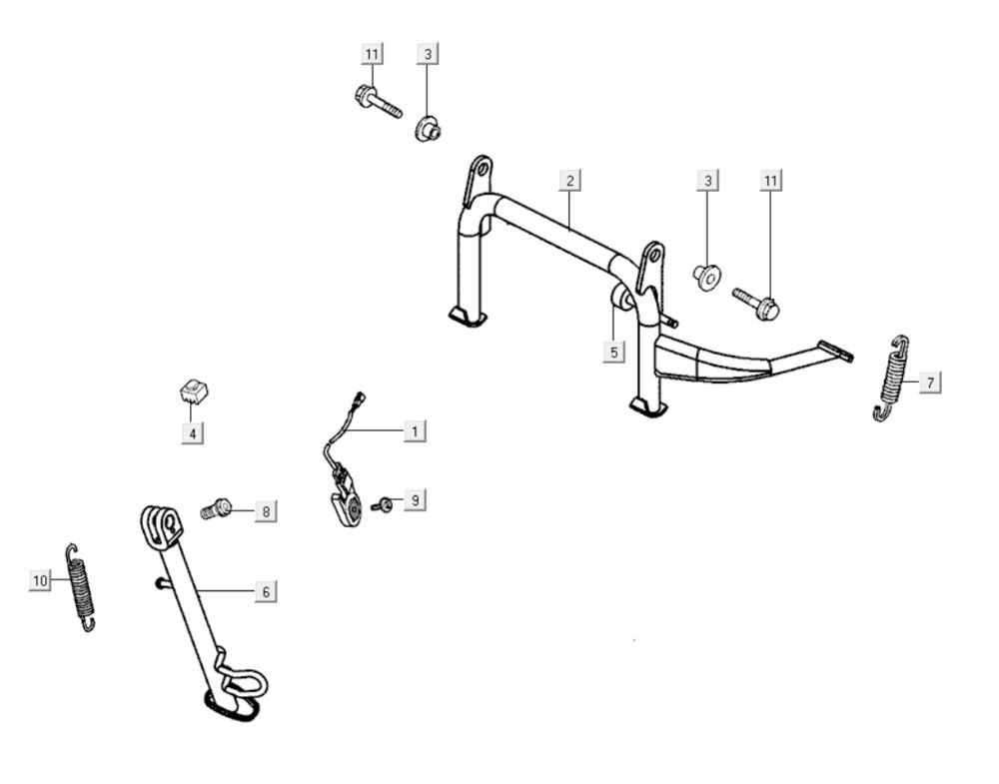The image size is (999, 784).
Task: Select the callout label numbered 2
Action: pos(569,181)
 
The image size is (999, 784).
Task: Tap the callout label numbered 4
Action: pos(192,433)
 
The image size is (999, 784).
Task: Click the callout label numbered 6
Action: pos(266,592)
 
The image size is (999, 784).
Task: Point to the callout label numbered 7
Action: pos(930,383)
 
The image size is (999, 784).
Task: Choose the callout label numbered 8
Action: pos(266,512)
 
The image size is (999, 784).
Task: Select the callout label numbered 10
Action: pos(40,580)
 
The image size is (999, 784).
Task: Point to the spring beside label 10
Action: pos(81,589)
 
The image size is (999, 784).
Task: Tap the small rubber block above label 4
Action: pos(191,392)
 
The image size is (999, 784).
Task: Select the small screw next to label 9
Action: pos(382,505)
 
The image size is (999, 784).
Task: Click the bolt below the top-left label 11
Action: pos(376,101)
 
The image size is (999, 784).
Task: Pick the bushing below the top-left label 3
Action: pos(428,129)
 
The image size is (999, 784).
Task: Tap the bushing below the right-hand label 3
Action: pos(705,275)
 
